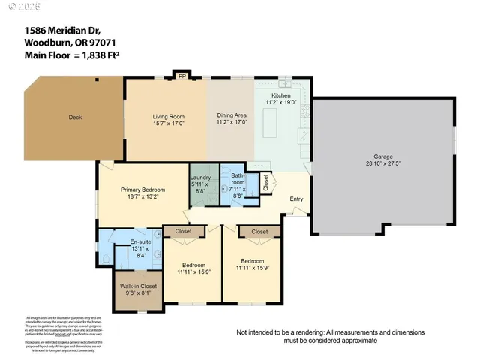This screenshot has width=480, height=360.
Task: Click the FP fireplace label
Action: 181,76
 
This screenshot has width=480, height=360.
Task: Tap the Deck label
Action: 74,117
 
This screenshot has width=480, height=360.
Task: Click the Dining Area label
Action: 231,115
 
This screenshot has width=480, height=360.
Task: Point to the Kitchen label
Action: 280,95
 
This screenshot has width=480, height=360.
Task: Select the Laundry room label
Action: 201,178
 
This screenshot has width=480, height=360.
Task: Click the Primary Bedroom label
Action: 143,190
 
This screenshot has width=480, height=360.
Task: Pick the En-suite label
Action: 141,241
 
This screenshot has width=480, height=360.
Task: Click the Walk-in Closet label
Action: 139,286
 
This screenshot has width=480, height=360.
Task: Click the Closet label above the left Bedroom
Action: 184,232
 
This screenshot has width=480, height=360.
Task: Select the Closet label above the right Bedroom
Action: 259,232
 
